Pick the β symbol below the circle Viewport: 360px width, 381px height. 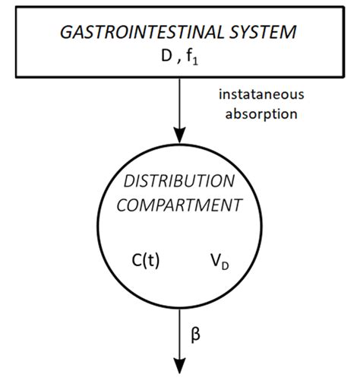194,332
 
